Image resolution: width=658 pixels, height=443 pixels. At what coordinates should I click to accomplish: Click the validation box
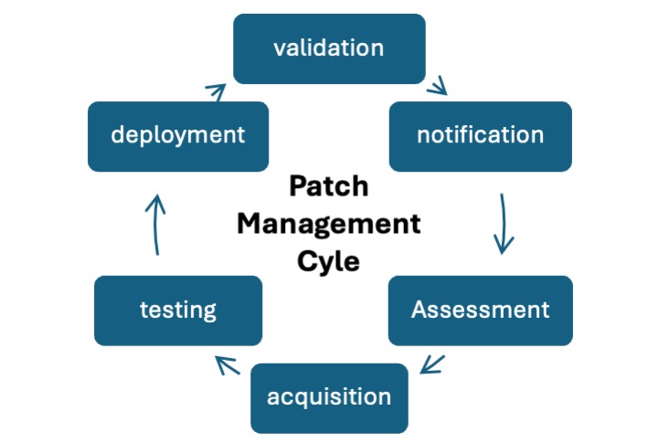329,48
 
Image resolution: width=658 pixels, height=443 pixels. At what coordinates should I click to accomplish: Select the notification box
480,136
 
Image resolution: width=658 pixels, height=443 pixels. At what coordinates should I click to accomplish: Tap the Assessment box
480,310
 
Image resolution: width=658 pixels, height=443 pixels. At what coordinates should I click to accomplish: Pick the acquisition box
329,397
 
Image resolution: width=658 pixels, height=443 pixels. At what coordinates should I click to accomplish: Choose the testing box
178,310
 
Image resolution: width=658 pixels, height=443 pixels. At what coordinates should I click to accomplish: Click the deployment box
178,136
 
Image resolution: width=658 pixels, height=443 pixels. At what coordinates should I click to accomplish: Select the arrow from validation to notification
438,86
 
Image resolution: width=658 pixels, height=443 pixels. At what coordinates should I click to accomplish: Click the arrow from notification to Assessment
503,223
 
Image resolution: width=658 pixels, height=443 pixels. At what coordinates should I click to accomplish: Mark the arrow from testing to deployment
157,223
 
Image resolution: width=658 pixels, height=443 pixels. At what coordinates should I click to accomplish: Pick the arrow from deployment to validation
216,91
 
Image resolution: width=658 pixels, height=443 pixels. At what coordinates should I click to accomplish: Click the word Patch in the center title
328,186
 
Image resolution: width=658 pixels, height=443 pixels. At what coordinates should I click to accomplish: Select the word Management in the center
329,224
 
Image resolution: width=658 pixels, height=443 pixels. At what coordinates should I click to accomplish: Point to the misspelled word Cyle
329,261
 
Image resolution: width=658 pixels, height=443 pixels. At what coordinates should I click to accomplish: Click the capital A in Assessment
419,309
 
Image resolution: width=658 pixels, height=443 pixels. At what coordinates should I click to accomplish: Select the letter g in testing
209,312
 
